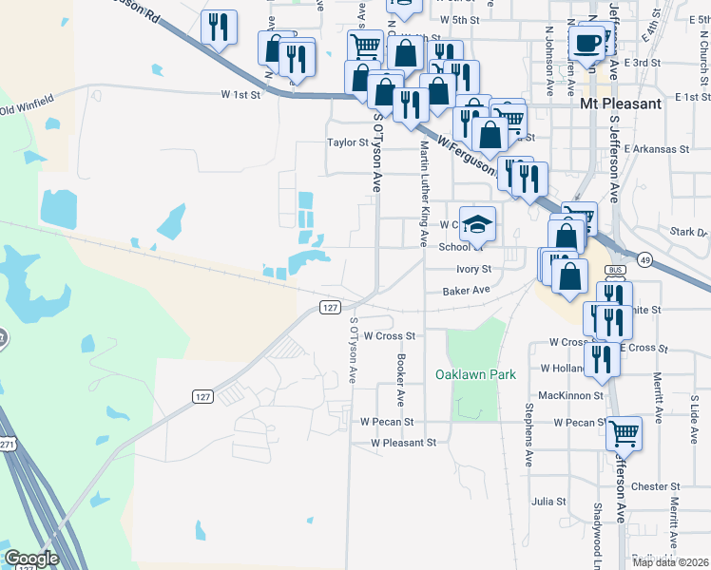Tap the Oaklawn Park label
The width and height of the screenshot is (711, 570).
(475, 374)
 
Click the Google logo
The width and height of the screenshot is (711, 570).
(32, 559)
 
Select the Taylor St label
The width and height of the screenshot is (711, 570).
(347, 142)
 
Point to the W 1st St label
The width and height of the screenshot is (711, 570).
(240, 95)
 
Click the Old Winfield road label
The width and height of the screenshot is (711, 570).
(29, 107)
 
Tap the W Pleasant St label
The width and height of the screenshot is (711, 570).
(403, 443)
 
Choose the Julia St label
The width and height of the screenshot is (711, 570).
(548, 501)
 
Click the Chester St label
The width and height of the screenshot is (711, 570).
(650, 486)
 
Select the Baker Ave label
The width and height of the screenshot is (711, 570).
(466, 290)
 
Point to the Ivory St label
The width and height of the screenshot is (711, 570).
(472, 270)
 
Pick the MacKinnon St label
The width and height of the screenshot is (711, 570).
(571, 394)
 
